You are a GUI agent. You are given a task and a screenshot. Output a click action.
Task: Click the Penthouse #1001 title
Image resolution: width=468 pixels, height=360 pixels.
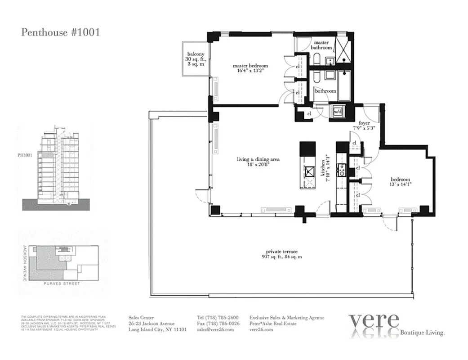(x=60, y=32)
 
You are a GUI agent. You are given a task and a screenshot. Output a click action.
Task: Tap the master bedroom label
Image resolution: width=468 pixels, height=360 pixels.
(x=250, y=68)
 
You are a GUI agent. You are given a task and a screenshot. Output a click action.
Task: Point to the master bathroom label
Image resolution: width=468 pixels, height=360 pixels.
(x=322, y=45)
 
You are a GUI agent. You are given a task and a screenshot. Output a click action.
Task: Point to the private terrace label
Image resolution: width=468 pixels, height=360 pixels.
(x=282, y=254)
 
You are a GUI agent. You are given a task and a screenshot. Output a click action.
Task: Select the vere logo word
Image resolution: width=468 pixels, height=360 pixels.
(x=374, y=320)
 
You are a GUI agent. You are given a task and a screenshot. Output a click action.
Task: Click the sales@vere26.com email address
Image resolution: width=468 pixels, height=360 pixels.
(x=215, y=329)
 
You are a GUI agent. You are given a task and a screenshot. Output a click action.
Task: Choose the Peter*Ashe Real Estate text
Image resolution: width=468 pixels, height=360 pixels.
(x=273, y=324)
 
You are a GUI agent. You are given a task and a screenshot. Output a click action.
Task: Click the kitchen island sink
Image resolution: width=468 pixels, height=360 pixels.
(x=308, y=170)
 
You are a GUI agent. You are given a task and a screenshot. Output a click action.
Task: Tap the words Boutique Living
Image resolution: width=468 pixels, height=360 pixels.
(x=423, y=333)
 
